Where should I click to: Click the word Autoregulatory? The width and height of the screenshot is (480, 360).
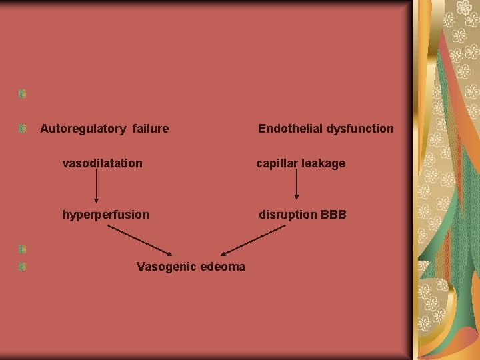[x=83, y=129]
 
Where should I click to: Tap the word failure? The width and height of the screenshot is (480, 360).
[x=151, y=129]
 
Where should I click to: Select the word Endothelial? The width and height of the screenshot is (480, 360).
[x=290, y=129]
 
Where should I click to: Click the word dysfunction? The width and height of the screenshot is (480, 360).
[x=360, y=129]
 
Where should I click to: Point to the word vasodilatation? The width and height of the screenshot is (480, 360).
[x=102, y=163]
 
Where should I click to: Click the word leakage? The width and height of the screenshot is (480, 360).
[x=324, y=163]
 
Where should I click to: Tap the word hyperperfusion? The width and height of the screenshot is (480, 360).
[x=105, y=215]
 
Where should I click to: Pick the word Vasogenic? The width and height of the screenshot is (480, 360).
[x=165, y=267]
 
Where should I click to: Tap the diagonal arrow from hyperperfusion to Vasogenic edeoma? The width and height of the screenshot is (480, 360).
[x=140, y=240]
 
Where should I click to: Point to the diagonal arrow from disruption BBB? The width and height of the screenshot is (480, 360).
[x=253, y=240]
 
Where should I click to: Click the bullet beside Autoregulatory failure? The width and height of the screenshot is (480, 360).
[x=23, y=128]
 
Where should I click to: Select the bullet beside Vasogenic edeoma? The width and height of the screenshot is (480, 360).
[x=23, y=267]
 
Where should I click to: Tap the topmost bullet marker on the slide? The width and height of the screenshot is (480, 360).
[x=23, y=94]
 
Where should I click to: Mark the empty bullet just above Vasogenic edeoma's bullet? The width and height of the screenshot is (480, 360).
[x=23, y=250]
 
